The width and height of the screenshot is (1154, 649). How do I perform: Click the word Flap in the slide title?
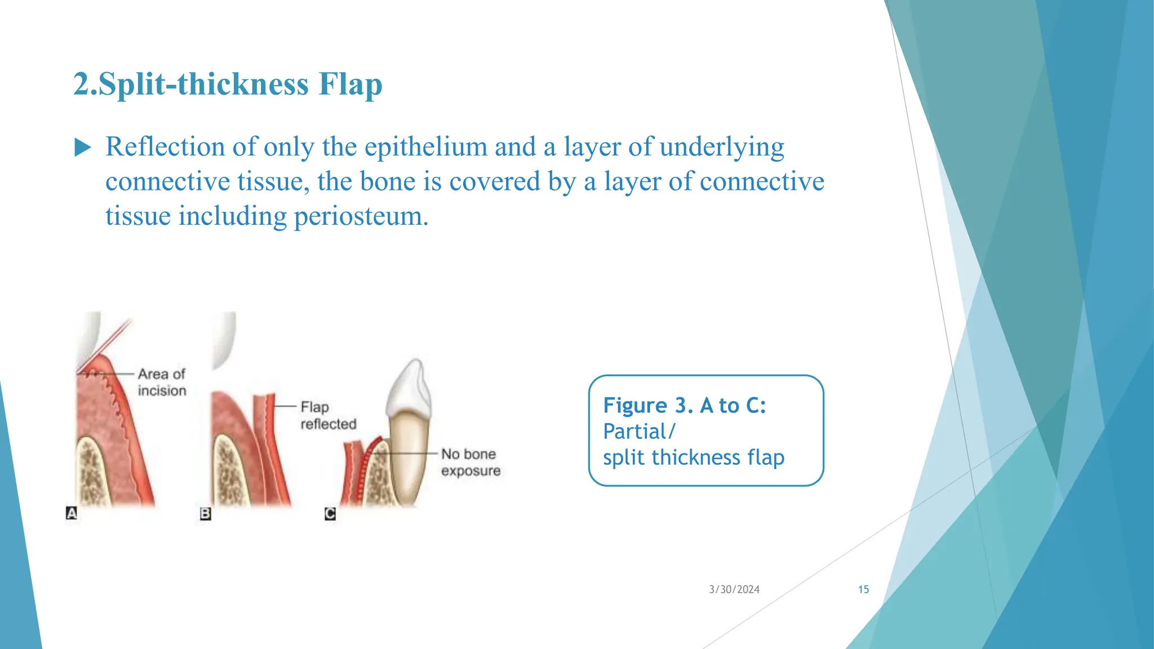point(350,85)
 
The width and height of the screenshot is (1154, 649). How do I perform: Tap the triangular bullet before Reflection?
point(83,148)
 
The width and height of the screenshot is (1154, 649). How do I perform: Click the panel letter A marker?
point(72,513)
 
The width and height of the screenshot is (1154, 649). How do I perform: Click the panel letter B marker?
point(206,514)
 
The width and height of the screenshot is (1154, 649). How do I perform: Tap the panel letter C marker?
point(330,514)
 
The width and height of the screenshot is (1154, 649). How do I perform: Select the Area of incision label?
point(162,382)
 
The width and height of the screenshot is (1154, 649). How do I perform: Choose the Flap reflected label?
point(328,415)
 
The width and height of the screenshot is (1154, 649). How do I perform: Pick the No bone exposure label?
point(470,462)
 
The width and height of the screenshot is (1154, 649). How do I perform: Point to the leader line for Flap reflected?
point(285,406)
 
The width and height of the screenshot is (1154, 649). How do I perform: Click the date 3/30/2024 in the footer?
point(734,589)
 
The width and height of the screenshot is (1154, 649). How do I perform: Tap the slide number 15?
point(863,589)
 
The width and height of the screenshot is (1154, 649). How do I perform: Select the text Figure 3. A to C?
point(684,406)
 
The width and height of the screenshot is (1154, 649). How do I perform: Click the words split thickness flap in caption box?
point(693,457)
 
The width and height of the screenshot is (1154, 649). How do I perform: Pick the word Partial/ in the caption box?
point(638,432)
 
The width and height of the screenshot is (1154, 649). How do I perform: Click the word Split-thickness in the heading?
point(203,85)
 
